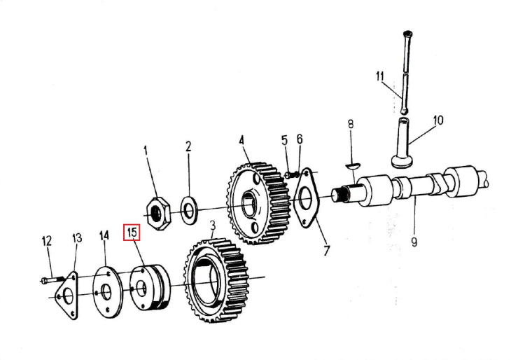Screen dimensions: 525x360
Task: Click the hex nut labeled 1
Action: (160, 213)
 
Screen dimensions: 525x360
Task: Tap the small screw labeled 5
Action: (291, 174)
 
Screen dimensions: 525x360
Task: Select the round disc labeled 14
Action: (106, 291)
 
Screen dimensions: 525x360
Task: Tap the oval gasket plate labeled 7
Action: (306, 198)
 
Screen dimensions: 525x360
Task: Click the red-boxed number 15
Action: (132, 233)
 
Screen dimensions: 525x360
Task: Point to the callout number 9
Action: (414, 242)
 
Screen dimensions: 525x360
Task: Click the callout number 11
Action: (379, 76)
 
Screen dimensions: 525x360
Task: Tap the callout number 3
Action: (213, 226)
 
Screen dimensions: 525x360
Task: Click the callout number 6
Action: (299, 139)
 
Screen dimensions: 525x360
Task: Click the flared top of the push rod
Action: (407, 34)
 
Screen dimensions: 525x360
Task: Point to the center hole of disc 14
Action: (106, 292)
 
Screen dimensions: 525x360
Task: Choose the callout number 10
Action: (438, 120)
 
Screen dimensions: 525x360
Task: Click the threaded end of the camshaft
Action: (340, 195)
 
